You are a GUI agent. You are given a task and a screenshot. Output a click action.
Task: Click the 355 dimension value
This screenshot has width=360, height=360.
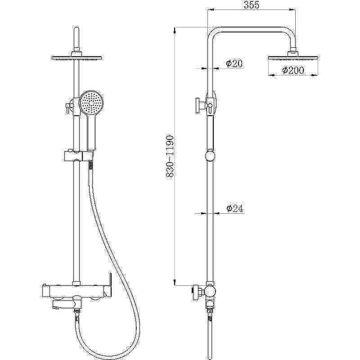pos(252,5)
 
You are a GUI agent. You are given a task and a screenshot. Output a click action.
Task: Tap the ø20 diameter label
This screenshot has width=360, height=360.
pos(234,63)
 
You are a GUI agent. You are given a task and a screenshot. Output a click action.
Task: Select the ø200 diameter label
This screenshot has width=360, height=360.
pos(293,70)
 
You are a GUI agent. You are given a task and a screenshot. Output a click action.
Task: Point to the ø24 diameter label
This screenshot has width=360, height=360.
pos(234,208)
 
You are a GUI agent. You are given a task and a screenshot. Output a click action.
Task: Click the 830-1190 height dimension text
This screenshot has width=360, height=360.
pos(170,156)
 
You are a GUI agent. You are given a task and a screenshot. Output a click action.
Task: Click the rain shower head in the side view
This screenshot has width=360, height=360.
pos(293,58)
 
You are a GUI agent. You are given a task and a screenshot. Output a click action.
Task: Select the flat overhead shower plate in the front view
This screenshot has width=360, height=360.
pos(76,58)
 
